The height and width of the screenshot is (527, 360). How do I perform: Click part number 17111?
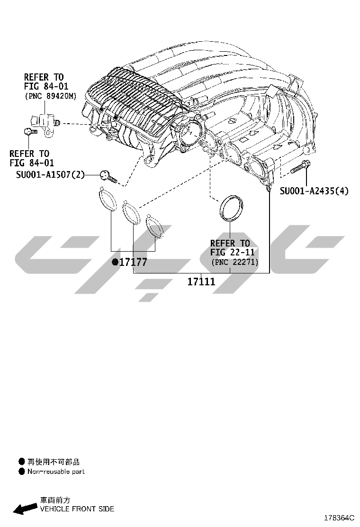click(x=201, y=282)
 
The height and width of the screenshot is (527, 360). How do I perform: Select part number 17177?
click(x=133, y=262)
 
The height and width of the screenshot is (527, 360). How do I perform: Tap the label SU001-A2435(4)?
click(x=314, y=191)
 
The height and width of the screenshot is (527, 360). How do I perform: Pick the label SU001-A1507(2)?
click(x=50, y=174)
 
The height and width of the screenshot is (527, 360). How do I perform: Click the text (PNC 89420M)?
click(x=51, y=96)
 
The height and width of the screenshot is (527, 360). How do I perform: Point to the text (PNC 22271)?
click(x=235, y=262)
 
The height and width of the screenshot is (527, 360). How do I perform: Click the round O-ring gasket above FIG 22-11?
click(x=231, y=208)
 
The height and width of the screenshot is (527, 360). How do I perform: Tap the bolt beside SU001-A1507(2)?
click(x=108, y=176)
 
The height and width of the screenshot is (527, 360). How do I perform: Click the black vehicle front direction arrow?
click(x=25, y=509)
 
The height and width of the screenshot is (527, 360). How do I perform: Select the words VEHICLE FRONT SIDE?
click(x=77, y=509)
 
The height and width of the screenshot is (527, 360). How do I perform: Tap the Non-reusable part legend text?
click(x=56, y=472)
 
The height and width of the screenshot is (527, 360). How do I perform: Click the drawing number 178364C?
click(x=339, y=518)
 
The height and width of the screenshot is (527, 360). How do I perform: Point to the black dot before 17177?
click(x=115, y=262)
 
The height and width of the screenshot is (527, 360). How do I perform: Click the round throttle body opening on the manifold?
click(x=190, y=133)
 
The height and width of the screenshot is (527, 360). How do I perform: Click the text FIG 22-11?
click(x=233, y=252)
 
